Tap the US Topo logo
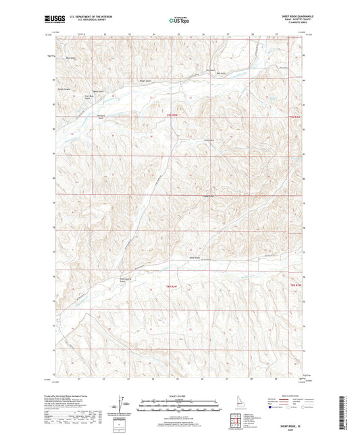(x=178, y=20)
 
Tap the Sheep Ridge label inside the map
(x=209, y=197)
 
